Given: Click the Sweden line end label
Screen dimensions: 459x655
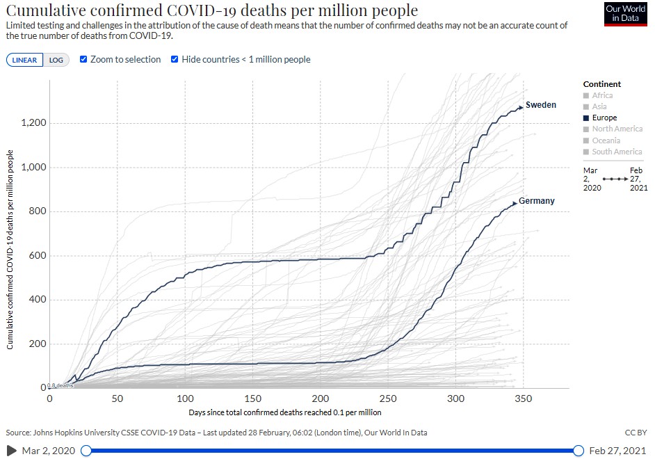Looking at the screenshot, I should (540, 105).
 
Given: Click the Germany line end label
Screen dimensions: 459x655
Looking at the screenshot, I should (536, 201).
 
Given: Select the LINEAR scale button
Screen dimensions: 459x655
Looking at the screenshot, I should (24, 60).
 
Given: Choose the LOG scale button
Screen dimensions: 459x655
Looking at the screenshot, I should (56, 60).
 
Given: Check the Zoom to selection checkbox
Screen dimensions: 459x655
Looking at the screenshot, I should (83, 59).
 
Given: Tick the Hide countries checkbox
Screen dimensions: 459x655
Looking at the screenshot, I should (175, 59).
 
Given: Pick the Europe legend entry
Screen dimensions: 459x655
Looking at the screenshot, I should (604, 118).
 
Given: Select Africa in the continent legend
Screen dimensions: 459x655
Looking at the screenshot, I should (602, 95).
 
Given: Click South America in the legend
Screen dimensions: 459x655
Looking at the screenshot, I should (617, 152).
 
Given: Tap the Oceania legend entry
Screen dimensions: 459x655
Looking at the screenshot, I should (606, 140).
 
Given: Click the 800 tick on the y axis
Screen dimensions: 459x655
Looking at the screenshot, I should (37, 211).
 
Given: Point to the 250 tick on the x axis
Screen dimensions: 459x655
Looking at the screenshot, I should (388, 398).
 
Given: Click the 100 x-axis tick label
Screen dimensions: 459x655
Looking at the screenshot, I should (185, 398).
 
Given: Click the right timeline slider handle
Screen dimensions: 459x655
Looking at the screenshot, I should (579, 451).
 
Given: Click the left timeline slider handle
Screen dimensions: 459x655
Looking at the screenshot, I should (86, 451).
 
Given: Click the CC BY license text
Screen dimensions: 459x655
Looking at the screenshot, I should (636, 433).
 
